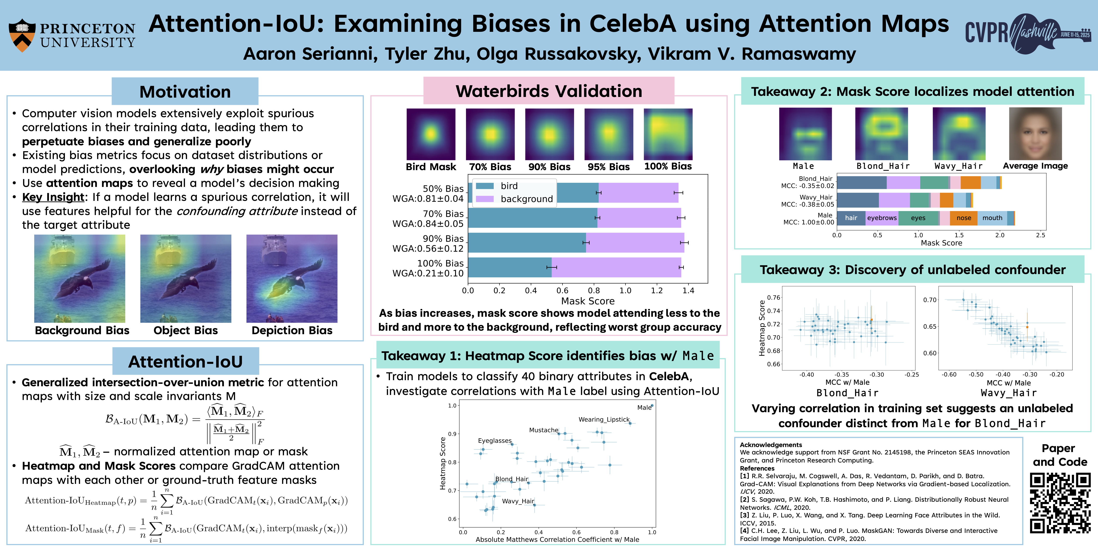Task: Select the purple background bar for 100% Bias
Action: click(x=616, y=267)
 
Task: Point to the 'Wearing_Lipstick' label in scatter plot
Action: click(x=603, y=419)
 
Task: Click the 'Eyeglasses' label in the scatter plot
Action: click(x=495, y=441)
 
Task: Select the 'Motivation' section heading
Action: click(x=185, y=92)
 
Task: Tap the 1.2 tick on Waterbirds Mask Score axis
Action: click(x=657, y=291)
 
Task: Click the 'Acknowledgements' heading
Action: click(x=771, y=445)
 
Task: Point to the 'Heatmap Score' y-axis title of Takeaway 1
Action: click(x=442, y=463)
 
